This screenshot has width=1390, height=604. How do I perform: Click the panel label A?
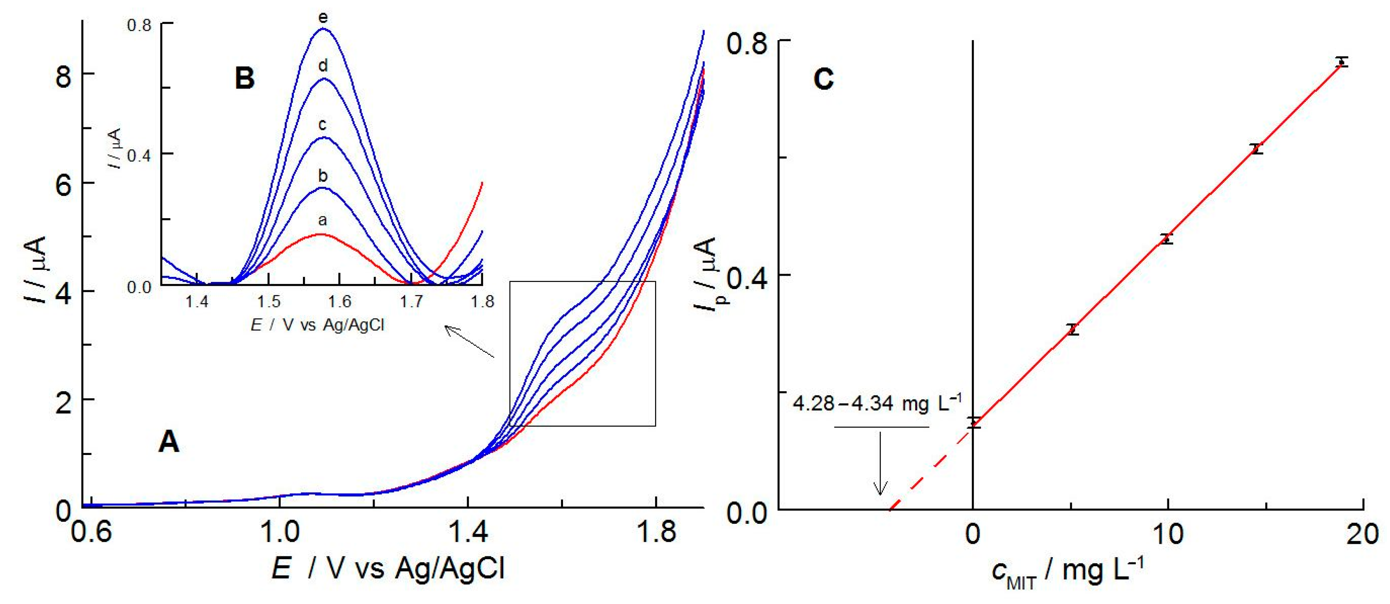(168, 443)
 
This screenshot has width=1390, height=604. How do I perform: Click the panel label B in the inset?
(244, 79)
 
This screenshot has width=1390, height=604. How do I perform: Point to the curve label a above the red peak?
(322, 220)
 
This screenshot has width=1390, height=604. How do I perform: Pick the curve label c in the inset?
(322, 125)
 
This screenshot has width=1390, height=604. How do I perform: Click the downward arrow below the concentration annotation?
(880, 464)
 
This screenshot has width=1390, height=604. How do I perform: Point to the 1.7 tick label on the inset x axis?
(412, 302)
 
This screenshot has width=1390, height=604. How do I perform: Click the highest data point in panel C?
(1342, 61)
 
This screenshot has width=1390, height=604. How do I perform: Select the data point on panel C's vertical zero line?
(973, 423)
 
